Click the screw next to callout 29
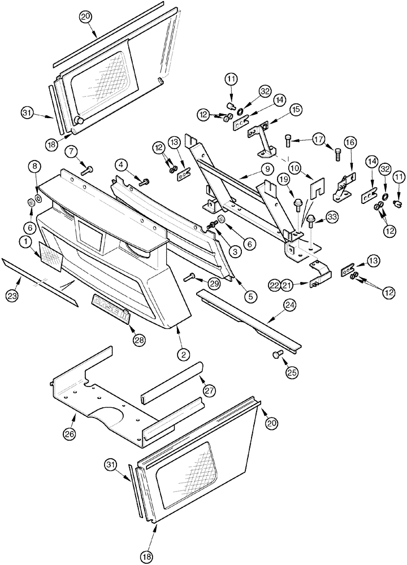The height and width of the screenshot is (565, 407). pos(189,276)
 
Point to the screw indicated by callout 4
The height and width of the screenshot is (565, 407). pos(143,181)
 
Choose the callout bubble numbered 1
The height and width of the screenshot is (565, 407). pos(25,242)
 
